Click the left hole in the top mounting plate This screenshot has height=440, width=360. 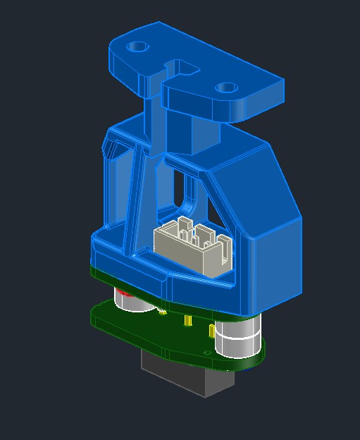point(137,47)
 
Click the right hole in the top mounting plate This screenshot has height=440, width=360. point(225,88)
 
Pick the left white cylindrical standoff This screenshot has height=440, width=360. point(129,302)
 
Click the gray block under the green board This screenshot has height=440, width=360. point(187,374)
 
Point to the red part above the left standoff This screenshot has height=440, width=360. point(122,291)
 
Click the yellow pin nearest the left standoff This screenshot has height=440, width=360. point(163,310)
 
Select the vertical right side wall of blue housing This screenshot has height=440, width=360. point(275,268)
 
